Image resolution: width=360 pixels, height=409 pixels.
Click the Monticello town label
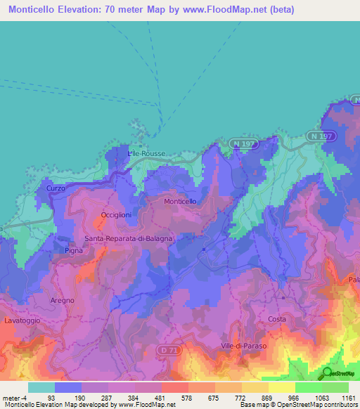[x=180, y=202]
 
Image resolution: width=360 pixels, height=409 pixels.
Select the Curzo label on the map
[x=56, y=188]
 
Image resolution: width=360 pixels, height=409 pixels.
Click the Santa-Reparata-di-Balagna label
[x=129, y=238]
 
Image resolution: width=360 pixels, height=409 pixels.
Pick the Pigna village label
[x=73, y=250]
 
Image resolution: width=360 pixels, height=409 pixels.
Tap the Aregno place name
[x=62, y=300]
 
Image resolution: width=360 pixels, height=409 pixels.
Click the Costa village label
[x=277, y=319]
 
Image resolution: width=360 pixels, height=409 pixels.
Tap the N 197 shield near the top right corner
[x=320, y=135]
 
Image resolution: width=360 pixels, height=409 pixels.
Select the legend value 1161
[x=349, y=398]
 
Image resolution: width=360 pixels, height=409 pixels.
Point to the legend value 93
[x=51, y=398]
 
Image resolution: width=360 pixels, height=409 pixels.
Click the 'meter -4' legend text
[x=13, y=398]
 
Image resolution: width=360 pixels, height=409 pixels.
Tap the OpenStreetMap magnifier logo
[x=328, y=373]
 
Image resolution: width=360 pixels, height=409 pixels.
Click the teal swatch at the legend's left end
[x=41, y=387]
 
